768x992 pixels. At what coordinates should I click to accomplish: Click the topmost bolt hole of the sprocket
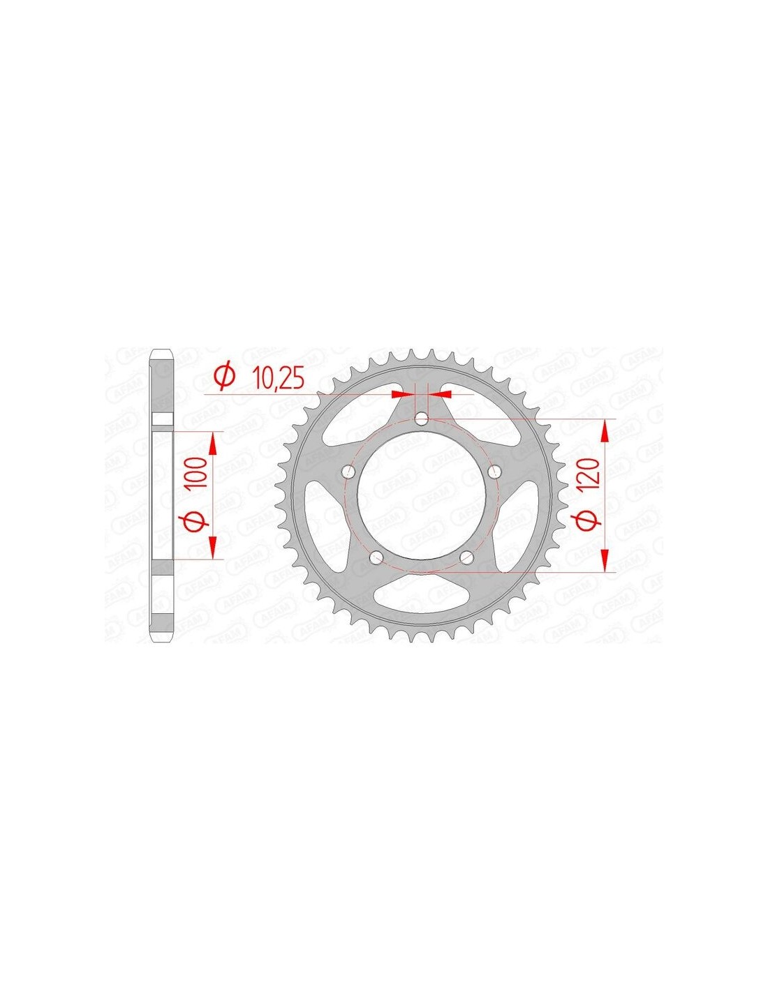(x=420, y=418)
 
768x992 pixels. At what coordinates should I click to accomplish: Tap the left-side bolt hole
(x=349, y=471)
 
